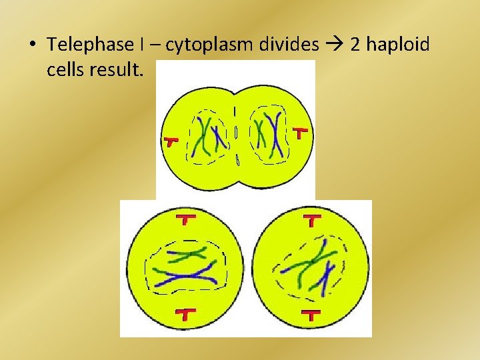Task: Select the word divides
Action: click(287, 45)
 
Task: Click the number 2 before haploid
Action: click(355, 45)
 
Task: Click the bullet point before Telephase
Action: click(31, 46)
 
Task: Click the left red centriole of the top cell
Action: click(171, 141)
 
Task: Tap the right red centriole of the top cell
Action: click(301, 133)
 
